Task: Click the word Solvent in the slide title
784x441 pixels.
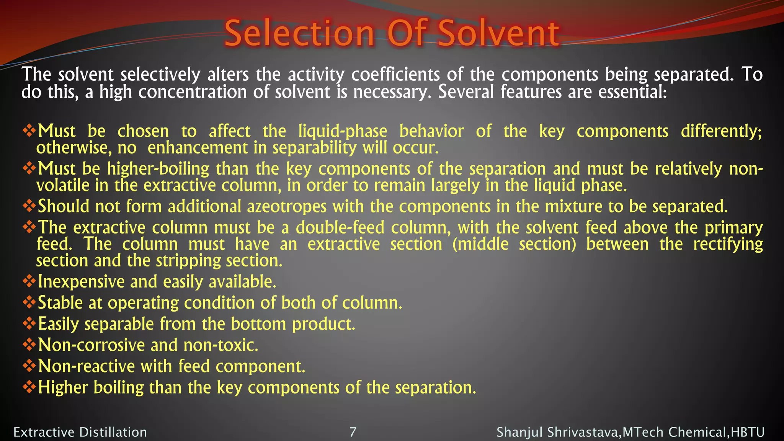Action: [x=498, y=34]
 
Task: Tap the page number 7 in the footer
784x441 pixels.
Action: [x=353, y=432]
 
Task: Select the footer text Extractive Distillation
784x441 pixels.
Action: [x=80, y=432]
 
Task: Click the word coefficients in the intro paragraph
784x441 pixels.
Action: [x=395, y=74]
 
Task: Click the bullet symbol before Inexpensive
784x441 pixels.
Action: [x=29, y=282]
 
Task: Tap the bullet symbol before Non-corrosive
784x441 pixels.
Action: [x=29, y=345]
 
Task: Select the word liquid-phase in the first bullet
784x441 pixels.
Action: [x=343, y=131]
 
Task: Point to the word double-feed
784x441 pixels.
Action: [x=340, y=227]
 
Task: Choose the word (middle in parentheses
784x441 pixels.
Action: [x=480, y=244]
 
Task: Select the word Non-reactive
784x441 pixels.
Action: [x=86, y=366]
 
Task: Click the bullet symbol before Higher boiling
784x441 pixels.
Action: [x=29, y=387]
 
